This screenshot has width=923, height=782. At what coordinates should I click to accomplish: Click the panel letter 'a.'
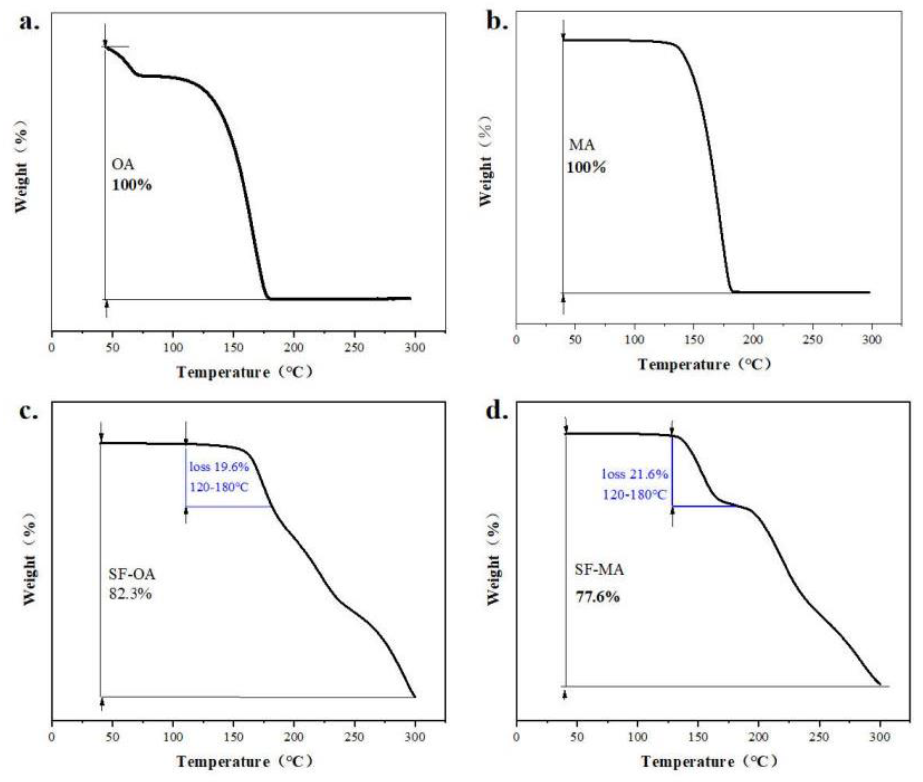click(29, 22)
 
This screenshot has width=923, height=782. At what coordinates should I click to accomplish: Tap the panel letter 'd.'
click(497, 412)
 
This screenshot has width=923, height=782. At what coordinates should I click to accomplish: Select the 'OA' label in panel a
click(122, 164)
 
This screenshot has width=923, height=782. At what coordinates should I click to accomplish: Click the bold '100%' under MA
click(586, 168)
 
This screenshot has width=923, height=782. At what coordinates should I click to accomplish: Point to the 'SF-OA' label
click(132, 574)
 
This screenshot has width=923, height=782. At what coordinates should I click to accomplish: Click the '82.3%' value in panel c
click(130, 593)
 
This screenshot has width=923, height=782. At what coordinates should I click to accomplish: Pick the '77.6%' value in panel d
click(597, 597)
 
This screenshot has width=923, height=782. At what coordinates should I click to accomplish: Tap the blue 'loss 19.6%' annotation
click(219, 467)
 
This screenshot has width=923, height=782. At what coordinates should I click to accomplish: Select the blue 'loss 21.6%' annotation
click(634, 475)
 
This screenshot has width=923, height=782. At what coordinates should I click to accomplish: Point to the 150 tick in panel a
click(234, 347)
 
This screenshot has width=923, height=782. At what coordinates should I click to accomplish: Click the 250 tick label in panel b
click(812, 340)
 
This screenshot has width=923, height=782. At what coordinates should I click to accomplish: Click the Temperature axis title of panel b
click(704, 364)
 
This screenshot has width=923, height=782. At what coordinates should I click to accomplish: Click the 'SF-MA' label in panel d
click(599, 569)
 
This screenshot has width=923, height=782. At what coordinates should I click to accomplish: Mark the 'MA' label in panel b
click(581, 145)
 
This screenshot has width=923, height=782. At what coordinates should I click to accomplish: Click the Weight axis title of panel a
click(21, 166)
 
